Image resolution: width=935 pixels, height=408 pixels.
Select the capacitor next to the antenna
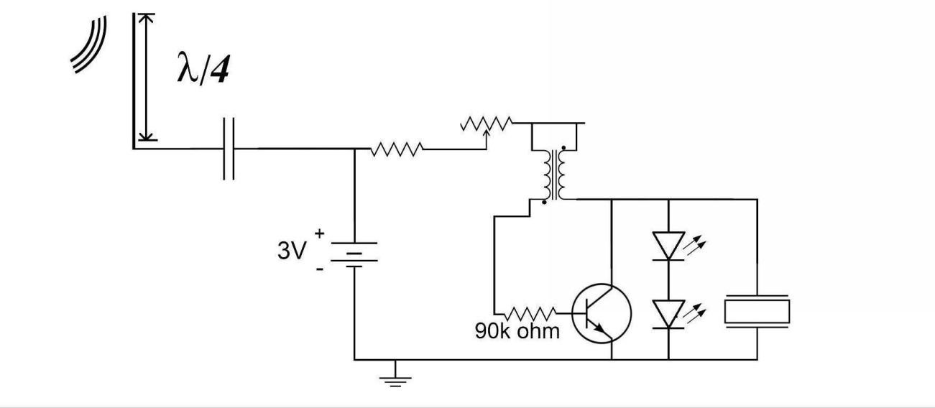pyautogui.click(x=229, y=149)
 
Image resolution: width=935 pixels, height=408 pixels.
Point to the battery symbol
pyautogui.click(x=355, y=254)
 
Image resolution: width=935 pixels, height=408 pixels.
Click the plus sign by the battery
pyautogui.click(x=319, y=234)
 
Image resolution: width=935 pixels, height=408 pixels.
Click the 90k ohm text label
pyautogui.click(x=516, y=333)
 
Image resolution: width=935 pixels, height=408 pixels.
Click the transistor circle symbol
pyautogui.click(x=602, y=313)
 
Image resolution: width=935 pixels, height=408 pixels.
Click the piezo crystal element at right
pyautogui.click(x=757, y=311)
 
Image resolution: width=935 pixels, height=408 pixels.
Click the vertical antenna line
pyautogui.click(x=134, y=79)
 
